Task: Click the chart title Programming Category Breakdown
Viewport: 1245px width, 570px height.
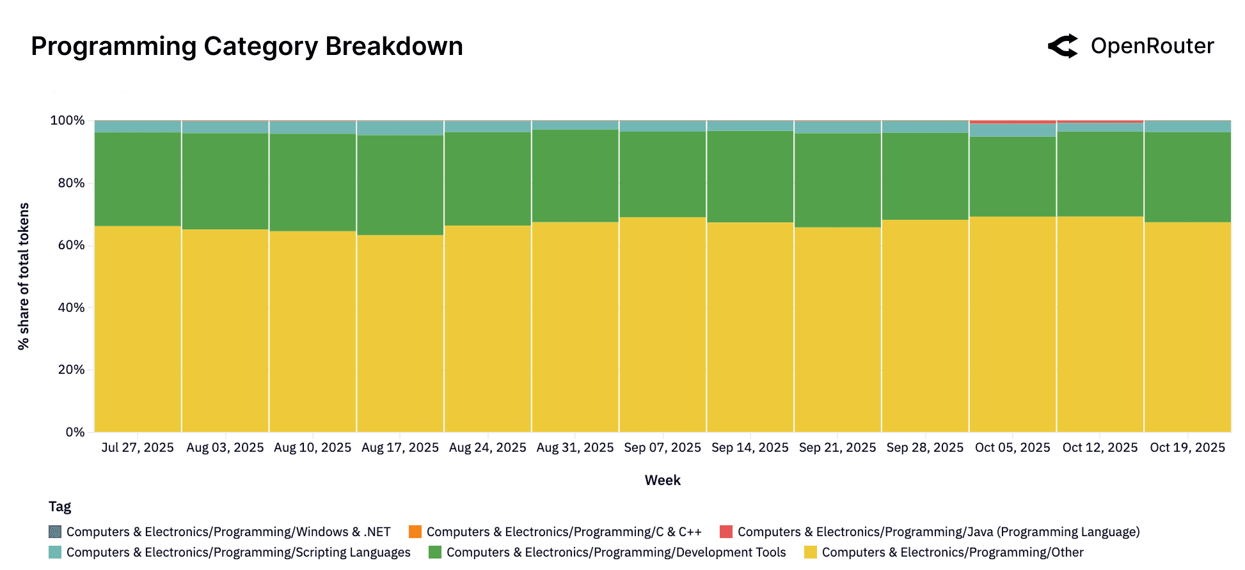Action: [246, 47]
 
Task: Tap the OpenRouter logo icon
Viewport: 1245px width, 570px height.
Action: [1063, 46]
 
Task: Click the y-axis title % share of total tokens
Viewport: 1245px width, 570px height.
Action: [24, 276]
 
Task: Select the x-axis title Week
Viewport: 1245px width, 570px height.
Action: [662, 481]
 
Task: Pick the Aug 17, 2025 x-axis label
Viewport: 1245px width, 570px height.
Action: [400, 448]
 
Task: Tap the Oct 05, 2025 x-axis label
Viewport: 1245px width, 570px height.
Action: [1012, 448]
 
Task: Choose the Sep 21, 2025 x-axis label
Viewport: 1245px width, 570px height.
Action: [837, 448]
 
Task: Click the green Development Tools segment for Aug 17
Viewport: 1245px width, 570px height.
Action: [400, 185]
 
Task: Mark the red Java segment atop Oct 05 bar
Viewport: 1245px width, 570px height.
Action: [1012, 121]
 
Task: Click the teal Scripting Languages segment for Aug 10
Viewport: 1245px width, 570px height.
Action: [312, 128]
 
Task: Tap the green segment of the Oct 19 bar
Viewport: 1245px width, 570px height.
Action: [1187, 177]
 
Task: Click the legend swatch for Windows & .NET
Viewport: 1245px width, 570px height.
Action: [55, 532]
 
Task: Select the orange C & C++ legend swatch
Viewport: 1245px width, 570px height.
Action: [415, 532]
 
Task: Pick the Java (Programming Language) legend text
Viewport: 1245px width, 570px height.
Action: [939, 532]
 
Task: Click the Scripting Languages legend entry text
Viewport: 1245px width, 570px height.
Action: [238, 552]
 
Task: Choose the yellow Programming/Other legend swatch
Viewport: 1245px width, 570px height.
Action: [811, 552]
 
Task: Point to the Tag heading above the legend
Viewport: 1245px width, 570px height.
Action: [59, 507]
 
